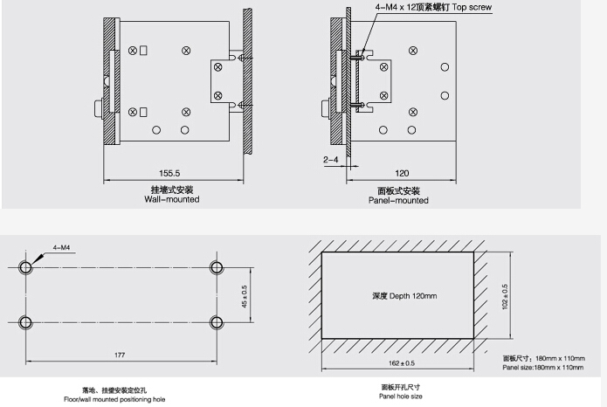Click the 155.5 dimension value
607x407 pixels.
point(171,173)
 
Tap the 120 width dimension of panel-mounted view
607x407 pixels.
point(402,173)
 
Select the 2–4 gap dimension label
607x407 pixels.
point(331,160)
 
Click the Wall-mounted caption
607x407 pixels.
point(171,200)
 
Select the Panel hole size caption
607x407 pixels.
point(401,396)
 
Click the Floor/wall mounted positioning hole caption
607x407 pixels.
point(120,398)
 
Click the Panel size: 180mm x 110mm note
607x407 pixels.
point(542,368)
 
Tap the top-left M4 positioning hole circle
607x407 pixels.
point(26,266)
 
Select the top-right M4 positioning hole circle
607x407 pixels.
point(214,266)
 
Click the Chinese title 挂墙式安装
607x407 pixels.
point(171,190)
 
